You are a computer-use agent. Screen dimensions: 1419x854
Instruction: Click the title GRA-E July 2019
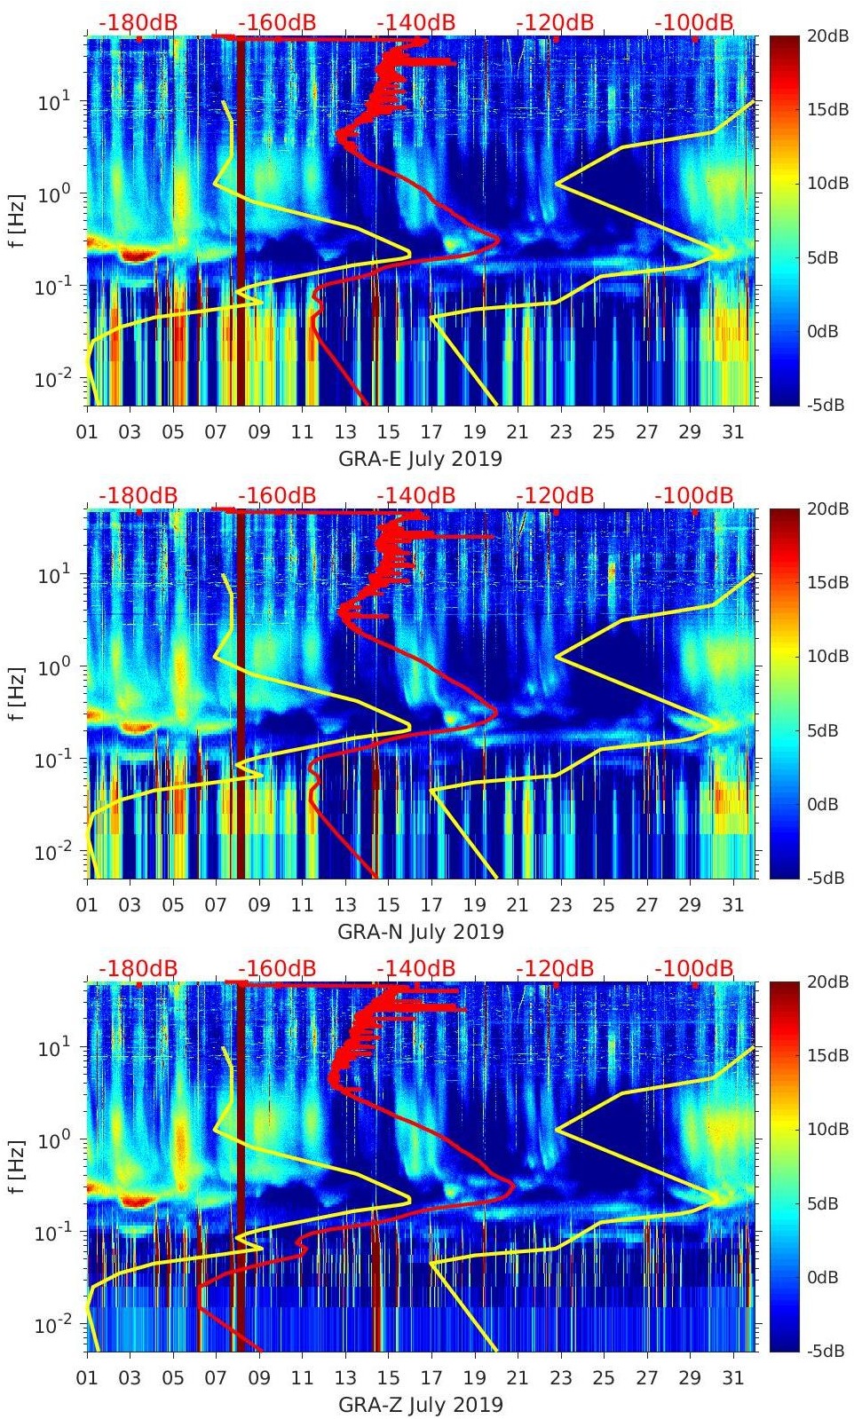tap(420, 460)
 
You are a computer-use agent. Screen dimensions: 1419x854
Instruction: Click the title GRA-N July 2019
tap(420, 932)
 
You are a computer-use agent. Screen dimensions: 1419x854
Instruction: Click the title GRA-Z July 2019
tap(420, 1405)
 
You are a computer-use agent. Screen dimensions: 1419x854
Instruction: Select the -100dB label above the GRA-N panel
tap(694, 495)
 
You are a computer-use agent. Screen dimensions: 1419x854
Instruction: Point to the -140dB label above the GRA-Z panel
tap(415, 968)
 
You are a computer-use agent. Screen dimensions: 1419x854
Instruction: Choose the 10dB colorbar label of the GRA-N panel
tap(826, 656)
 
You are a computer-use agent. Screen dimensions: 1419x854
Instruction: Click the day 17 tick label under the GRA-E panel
tap(431, 432)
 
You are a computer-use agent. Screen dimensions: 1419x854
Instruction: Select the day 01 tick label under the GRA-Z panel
tap(87, 1377)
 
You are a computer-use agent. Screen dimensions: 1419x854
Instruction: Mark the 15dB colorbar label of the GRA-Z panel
tap(826, 1055)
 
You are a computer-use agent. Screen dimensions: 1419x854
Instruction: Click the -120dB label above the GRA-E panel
tap(555, 23)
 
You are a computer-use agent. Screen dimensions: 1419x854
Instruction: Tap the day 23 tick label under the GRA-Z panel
tap(560, 1377)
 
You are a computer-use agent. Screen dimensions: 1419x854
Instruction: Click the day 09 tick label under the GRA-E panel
tap(259, 432)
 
